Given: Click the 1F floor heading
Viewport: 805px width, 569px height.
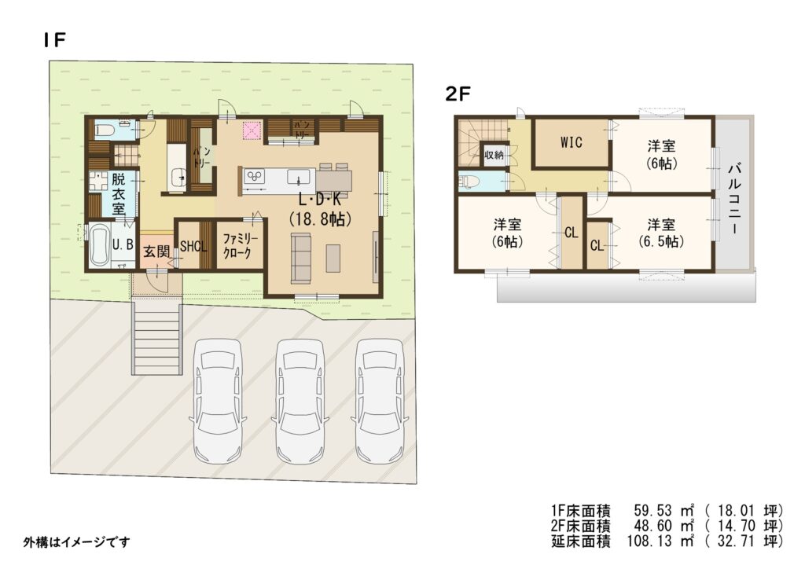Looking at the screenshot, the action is (55, 39).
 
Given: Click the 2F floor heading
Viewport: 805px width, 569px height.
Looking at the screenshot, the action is (458, 94).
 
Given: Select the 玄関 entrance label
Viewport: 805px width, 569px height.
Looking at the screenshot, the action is (156, 251).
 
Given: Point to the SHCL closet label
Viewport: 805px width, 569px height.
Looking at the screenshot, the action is (193, 246).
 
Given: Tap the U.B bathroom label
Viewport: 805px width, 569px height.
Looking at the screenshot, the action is (123, 244).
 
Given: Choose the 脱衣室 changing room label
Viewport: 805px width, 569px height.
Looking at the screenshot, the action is (119, 194).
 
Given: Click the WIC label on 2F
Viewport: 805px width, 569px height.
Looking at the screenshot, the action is (572, 142).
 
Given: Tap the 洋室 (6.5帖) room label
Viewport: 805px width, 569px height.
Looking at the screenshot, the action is (661, 233).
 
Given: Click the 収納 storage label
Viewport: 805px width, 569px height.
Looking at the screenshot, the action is (494, 155).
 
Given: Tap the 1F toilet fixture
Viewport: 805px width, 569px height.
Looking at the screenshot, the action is (105, 130).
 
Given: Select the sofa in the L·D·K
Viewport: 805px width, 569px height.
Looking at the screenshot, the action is (301, 258).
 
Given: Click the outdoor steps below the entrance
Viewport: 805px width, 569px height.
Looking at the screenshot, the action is (157, 339).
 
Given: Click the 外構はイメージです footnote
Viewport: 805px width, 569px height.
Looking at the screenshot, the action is (76, 541).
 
